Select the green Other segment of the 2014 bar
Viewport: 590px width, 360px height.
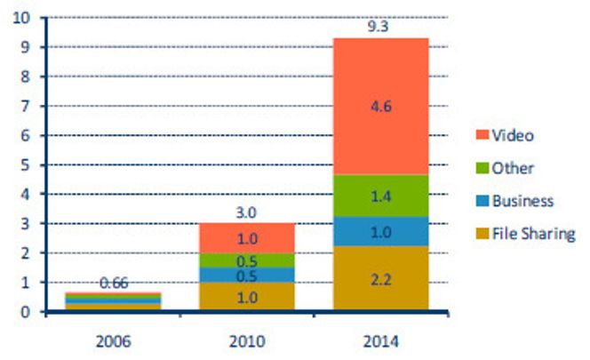click(380, 196)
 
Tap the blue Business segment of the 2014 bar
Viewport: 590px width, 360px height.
click(380, 231)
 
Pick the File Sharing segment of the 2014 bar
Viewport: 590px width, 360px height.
click(380, 278)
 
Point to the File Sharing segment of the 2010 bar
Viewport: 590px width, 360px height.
click(247, 297)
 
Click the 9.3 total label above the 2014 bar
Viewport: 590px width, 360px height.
click(380, 27)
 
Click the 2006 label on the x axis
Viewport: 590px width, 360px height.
click(115, 341)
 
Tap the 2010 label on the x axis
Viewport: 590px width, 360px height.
click(247, 341)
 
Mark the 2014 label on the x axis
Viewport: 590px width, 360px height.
click(380, 341)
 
